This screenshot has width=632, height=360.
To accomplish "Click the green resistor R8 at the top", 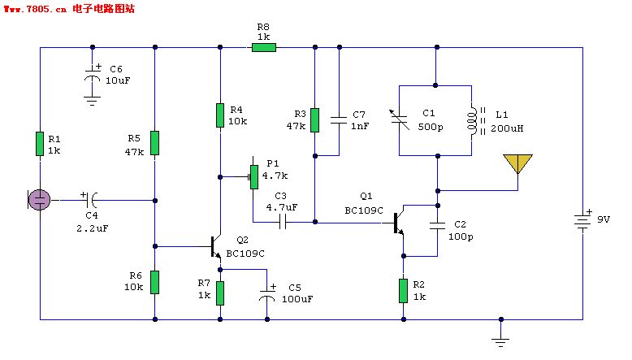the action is click(x=264, y=48).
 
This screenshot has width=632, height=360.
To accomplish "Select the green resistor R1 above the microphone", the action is click(x=40, y=144).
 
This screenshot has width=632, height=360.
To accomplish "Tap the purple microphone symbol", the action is click(x=39, y=200).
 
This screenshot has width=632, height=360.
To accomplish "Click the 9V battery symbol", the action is click(x=582, y=221).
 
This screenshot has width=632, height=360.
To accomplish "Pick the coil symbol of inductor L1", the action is click(x=472, y=120).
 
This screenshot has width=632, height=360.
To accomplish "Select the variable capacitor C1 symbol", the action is click(x=400, y=119).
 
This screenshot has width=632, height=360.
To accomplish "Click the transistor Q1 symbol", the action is click(x=397, y=223).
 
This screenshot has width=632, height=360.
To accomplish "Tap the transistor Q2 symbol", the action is click(x=215, y=247).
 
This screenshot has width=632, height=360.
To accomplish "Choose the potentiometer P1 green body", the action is click(x=254, y=177).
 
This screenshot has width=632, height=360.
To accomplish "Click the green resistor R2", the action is click(x=403, y=291).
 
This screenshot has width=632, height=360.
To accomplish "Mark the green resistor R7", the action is click(x=220, y=293).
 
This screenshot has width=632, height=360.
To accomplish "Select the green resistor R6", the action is click(x=155, y=282).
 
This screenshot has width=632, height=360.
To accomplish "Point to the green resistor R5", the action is click(x=155, y=143).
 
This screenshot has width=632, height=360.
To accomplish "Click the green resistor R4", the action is click(x=220, y=115).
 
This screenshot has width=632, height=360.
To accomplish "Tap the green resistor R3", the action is click(x=315, y=120).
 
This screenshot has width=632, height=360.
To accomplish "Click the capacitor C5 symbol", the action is click(x=266, y=295).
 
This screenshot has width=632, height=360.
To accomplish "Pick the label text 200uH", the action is click(x=507, y=128).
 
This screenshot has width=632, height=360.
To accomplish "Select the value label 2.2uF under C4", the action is click(x=93, y=228).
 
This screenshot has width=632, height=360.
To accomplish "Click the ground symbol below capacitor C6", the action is click(x=93, y=101).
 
